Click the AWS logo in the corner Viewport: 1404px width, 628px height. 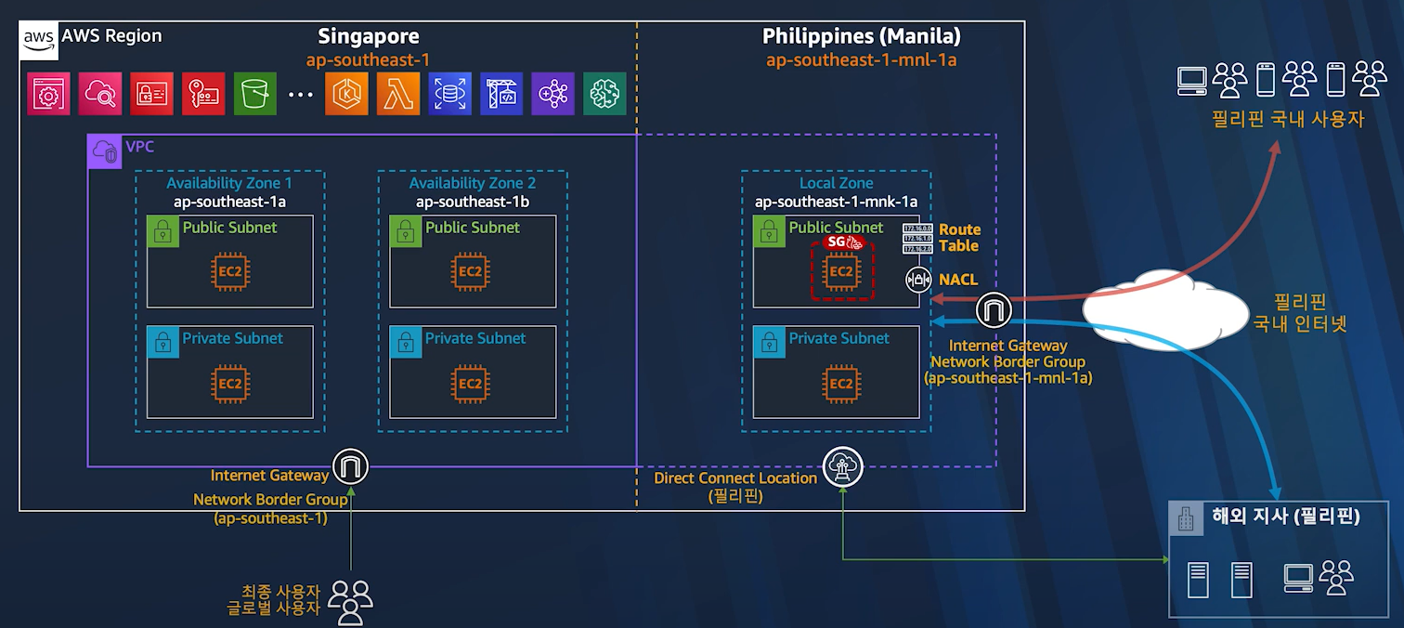coord(39,38)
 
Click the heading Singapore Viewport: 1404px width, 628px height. coord(369,37)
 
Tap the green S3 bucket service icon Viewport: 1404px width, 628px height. coord(255,94)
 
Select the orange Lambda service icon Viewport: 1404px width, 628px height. coord(398,94)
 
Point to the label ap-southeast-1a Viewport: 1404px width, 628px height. coord(229,202)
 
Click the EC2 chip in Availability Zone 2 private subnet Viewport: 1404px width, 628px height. coord(471,384)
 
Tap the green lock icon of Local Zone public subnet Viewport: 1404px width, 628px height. coord(767,229)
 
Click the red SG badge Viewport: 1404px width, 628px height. coord(844,242)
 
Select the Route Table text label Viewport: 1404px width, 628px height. coord(959,238)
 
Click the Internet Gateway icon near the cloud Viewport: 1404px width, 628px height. coord(994,310)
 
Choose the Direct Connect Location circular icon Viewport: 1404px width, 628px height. coord(843,466)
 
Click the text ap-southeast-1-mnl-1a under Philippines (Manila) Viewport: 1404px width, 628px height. coord(861,60)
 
